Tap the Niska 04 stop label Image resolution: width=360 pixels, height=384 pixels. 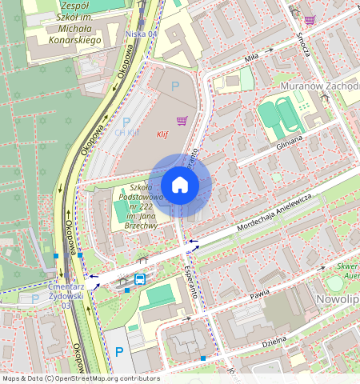tap(142, 34)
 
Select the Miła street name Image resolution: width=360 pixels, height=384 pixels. tap(253, 57)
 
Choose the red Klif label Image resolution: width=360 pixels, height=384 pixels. tap(163, 135)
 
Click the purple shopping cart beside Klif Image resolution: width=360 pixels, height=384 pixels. tap(182, 122)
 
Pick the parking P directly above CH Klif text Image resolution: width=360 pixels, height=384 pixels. tap(126, 122)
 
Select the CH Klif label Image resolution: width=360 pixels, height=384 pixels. tap(128, 133)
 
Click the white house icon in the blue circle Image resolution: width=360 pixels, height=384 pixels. tap(180, 186)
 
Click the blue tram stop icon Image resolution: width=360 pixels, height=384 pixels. tap(140, 279)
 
